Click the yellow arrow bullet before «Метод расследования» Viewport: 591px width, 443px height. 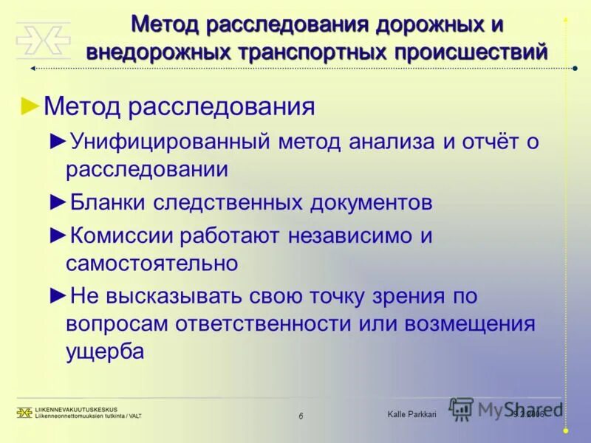(x=31, y=105)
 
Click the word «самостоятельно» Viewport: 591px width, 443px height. (x=151, y=262)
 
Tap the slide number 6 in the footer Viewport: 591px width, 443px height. (x=301, y=416)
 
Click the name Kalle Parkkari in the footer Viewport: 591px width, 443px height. (x=411, y=415)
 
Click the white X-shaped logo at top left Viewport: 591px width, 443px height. (x=43, y=40)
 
